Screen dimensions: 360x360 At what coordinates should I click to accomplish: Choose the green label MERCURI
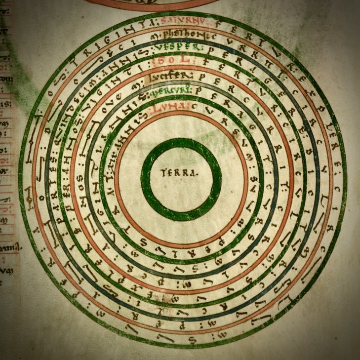point(179,92)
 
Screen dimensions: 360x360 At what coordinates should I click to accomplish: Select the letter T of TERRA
point(163,173)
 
